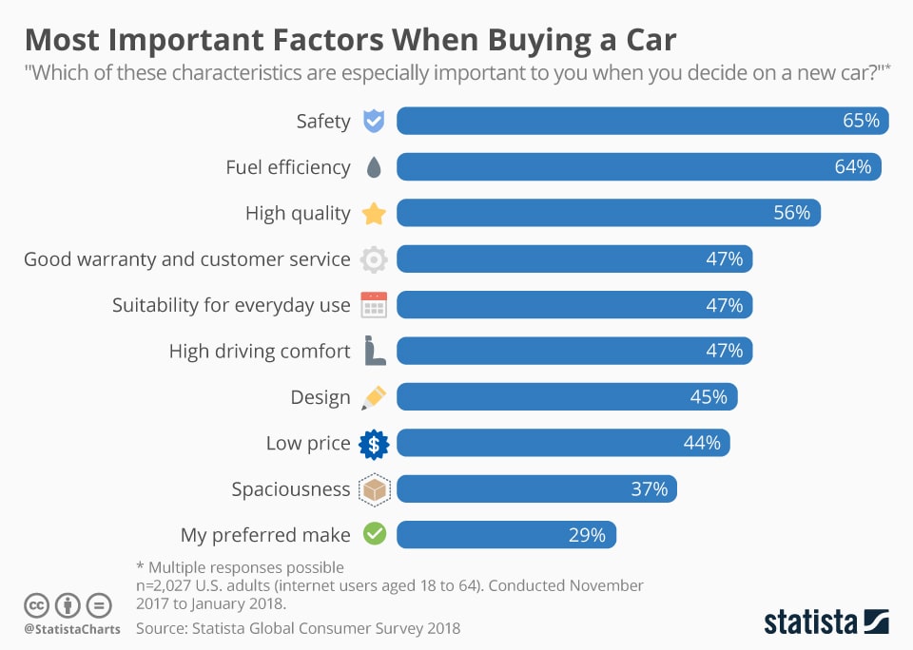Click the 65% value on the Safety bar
[x=861, y=122]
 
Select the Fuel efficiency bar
[x=638, y=167]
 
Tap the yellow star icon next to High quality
[x=374, y=213]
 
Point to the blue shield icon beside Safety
[x=374, y=122]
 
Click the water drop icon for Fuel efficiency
[x=374, y=168]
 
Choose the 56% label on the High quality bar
[x=791, y=213]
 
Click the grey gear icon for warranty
[x=374, y=259]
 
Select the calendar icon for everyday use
[x=374, y=305]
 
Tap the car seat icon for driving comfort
[x=374, y=351]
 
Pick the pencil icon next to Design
[x=374, y=397]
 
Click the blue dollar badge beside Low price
[x=374, y=443]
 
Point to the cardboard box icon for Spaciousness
[x=374, y=489]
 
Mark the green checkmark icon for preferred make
[x=374, y=535]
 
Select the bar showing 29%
[x=506, y=535]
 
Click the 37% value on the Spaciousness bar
[x=649, y=489]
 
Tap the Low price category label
[x=308, y=443]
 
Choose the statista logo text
[x=809, y=622]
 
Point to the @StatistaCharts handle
[x=72, y=629]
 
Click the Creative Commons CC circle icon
[x=36, y=604]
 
